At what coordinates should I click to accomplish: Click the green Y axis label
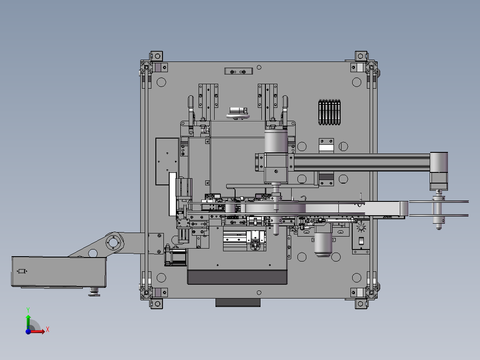pyautogui.click(x=28, y=310)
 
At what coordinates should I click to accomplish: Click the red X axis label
pyautogui.click(x=48, y=330)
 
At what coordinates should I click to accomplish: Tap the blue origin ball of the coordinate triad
pyautogui.click(x=28, y=331)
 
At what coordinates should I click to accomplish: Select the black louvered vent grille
pyautogui.click(x=329, y=112)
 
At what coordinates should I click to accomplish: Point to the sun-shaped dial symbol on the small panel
pyautogui.click(x=361, y=227)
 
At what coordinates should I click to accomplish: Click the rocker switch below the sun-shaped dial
pyautogui.click(x=361, y=241)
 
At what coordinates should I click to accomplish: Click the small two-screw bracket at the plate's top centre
pyautogui.click(x=239, y=71)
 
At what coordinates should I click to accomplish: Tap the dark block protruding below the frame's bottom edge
pyautogui.click(x=238, y=303)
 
